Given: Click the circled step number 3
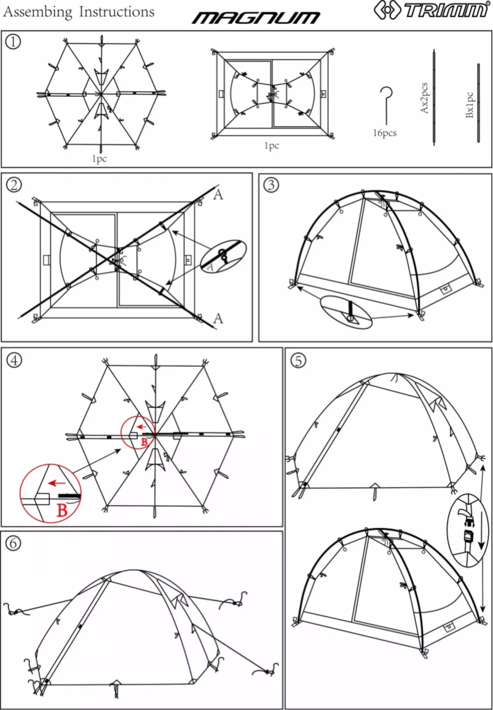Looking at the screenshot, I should (270, 185).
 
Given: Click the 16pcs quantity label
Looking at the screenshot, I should (384, 133).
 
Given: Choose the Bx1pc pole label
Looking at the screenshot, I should (469, 105).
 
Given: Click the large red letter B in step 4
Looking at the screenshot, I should (61, 511).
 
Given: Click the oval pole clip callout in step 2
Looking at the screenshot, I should (223, 257).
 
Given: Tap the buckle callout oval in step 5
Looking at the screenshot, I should (469, 529).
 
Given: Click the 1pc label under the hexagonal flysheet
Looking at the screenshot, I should (100, 159).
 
